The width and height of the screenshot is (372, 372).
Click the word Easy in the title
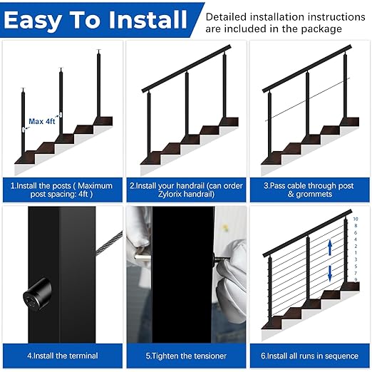pyautogui.click(x=36, y=20)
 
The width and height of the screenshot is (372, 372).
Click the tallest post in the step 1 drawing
pyautogui.click(x=98, y=86)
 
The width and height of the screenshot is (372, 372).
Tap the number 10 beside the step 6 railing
pyautogui.click(x=356, y=220)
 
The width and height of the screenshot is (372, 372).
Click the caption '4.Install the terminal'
pyautogui.click(x=63, y=355)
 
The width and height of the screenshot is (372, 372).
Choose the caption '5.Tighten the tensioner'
pyautogui.click(x=186, y=355)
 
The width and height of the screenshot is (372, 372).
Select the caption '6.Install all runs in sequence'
pyautogui.click(x=309, y=355)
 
